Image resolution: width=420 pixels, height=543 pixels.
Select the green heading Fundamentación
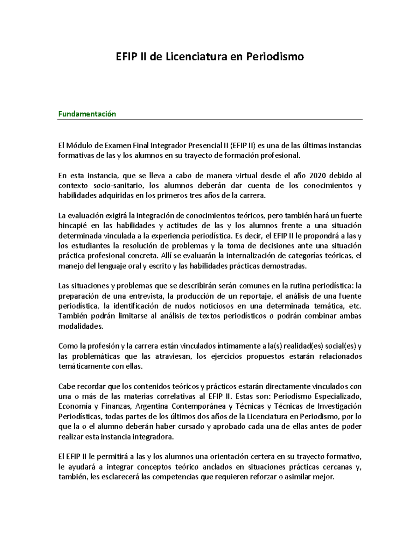click(87, 114)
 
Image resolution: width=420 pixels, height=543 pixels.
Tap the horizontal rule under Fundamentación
click(210, 120)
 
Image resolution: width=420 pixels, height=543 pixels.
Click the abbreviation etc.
click(355, 307)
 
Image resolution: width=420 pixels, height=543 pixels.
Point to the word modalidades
click(80, 327)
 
